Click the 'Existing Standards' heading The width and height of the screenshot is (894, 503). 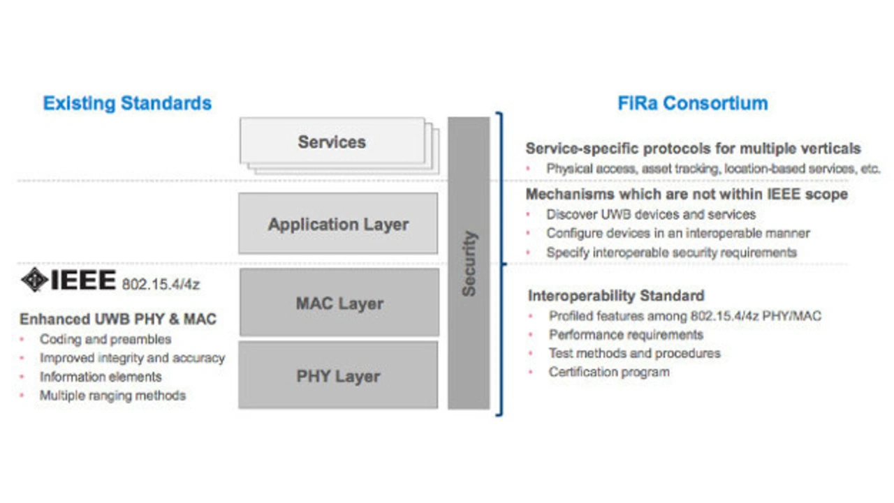click(x=127, y=103)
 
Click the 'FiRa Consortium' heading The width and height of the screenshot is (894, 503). click(x=693, y=103)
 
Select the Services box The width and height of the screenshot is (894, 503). click(x=332, y=141)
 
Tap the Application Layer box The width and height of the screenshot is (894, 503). click(x=338, y=224)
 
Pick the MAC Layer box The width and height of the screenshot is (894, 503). click(x=339, y=303)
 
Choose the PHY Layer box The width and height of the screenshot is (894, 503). click(x=338, y=375)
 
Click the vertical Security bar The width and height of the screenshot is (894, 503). click(x=469, y=263)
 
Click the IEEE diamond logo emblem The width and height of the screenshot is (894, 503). click(x=35, y=280)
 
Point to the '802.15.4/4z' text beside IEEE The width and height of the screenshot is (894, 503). click(x=161, y=284)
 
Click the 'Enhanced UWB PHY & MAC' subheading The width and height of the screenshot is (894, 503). click(x=118, y=319)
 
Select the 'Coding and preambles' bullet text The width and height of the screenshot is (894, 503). click(x=105, y=339)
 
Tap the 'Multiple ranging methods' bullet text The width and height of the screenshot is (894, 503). click(x=113, y=396)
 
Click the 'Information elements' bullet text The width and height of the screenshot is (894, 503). click(x=101, y=377)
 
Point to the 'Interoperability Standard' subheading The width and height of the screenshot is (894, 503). click(x=616, y=296)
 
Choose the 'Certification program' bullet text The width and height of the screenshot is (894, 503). click(x=609, y=372)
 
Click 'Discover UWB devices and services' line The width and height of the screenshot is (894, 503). click(x=651, y=214)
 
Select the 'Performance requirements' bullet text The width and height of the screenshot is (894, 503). click(x=626, y=334)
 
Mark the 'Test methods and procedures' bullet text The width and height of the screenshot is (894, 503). click(x=635, y=353)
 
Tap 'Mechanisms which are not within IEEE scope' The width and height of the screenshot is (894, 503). click(x=687, y=194)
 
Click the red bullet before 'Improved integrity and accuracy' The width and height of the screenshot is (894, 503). click(x=22, y=359)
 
